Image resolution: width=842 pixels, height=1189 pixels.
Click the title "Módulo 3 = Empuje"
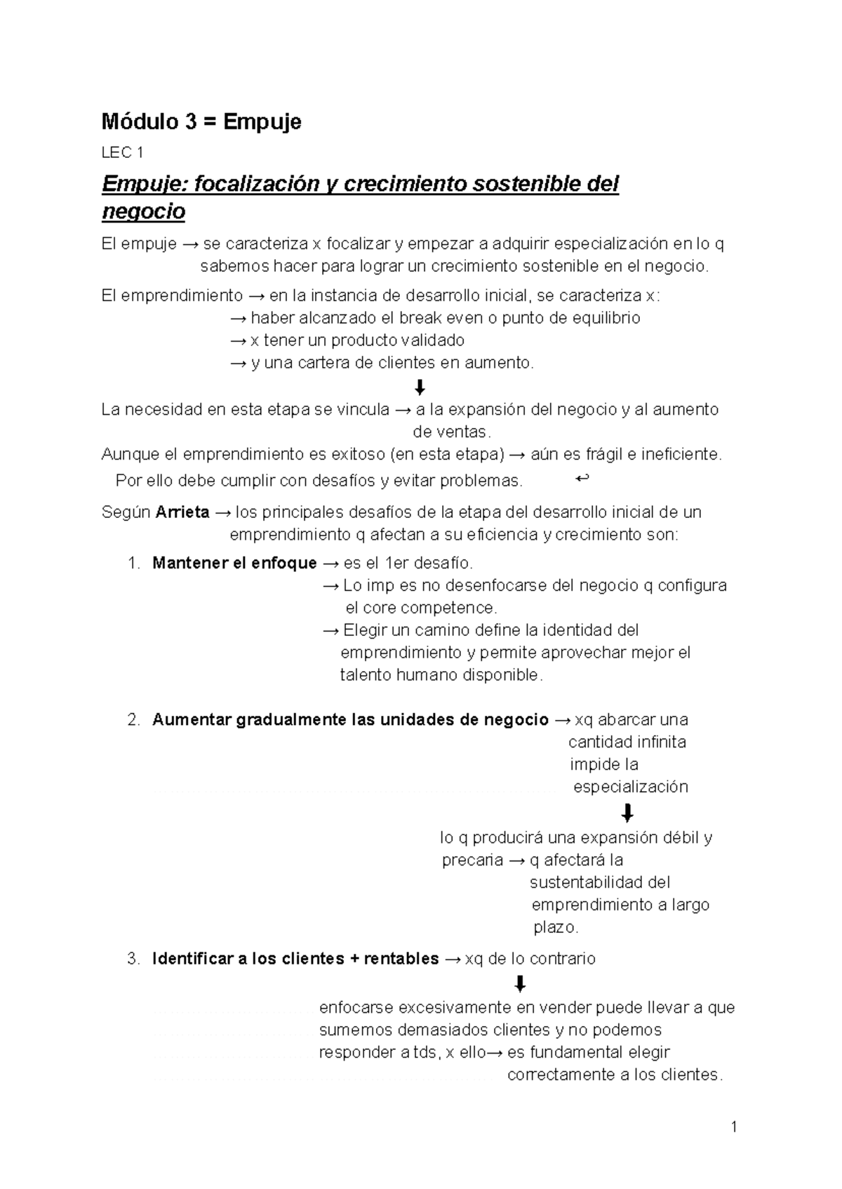(x=201, y=122)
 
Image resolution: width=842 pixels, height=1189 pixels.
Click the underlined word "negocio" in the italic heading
(x=143, y=211)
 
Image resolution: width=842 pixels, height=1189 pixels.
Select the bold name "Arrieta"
(x=182, y=512)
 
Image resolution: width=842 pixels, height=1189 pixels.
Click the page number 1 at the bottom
(x=734, y=1128)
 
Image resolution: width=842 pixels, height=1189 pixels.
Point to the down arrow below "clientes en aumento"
(x=420, y=387)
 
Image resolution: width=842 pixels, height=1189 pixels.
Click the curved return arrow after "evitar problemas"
(x=582, y=479)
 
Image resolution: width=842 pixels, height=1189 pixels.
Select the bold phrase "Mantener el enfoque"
(x=234, y=563)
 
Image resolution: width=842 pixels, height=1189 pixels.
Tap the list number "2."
(x=134, y=719)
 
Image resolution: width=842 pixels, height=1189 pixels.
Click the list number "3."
(x=134, y=959)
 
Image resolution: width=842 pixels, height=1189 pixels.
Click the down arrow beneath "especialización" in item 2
(x=627, y=813)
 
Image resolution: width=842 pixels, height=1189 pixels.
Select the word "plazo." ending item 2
(x=556, y=927)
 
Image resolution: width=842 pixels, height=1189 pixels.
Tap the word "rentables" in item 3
(x=400, y=959)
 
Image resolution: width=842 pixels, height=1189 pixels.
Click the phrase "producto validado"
(x=397, y=340)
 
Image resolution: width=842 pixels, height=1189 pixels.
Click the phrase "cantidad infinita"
(x=627, y=742)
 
